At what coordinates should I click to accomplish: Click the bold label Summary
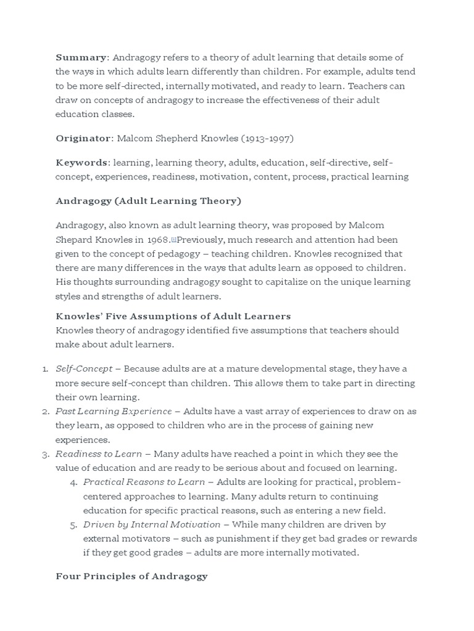(x=81, y=57)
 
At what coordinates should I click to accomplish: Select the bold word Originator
(x=83, y=138)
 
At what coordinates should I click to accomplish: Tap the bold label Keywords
(x=81, y=163)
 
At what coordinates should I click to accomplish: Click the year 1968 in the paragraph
(x=159, y=239)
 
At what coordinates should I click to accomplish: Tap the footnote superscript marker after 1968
(x=173, y=238)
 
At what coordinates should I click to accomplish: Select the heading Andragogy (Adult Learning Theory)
(x=148, y=201)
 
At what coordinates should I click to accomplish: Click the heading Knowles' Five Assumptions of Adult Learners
(x=173, y=316)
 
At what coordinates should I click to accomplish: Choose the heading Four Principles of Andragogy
(x=131, y=577)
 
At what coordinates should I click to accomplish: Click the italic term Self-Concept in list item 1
(x=84, y=368)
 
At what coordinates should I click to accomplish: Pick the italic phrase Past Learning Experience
(x=114, y=411)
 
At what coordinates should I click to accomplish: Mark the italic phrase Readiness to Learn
(x=99, y=454)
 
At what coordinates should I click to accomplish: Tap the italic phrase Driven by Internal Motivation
(x=152, y=524)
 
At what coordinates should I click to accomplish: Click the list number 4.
(x=73, y=482)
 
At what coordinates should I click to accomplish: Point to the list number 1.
(x=45, y=368)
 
